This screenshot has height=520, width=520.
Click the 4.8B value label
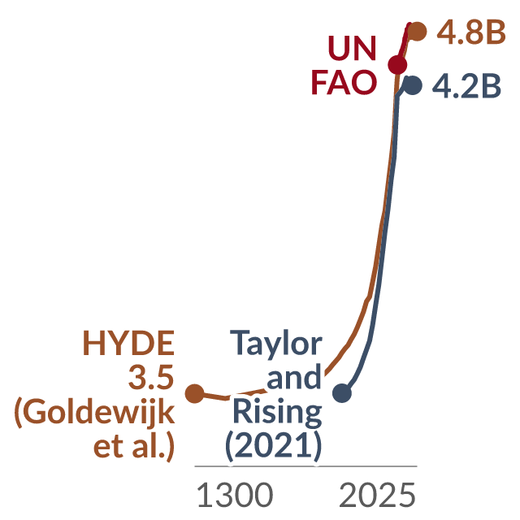click(x=471, y=32)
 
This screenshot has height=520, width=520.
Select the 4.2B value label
click(x=466, y=86)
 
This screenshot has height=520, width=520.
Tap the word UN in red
click(x=352, y=49)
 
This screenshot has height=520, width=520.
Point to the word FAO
click(x=344, y=82)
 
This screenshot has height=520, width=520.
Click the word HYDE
click(x=128, y=343)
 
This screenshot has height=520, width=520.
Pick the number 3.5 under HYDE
click(x=151, y=377)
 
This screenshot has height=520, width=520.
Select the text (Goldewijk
click(x=94, y=413)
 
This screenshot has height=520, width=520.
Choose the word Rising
click(x=277, y=413)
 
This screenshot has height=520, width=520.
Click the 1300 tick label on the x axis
click(x=235, y=495)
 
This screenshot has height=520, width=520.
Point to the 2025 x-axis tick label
click(x=377, y=495)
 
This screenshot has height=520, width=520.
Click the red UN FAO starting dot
click(x=397, y=65)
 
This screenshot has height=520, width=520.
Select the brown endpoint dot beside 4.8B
click(x=417, y=32)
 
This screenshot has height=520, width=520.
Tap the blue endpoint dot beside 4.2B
click(x=412, y=85)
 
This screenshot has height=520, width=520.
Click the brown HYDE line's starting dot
click(x=195, y=393)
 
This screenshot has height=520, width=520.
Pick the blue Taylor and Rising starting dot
click(x=342, y=393)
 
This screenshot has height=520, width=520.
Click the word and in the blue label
click(x=294, y=377)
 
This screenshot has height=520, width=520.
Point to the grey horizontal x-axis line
click(x=305, y=466)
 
